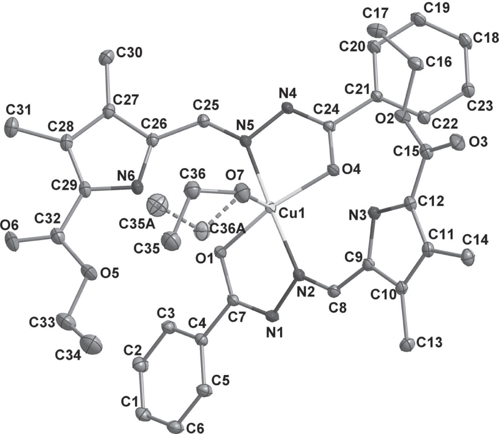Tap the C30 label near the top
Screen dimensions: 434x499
129,52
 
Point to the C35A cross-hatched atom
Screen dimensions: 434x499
153,206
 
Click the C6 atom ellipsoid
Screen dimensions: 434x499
178,426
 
